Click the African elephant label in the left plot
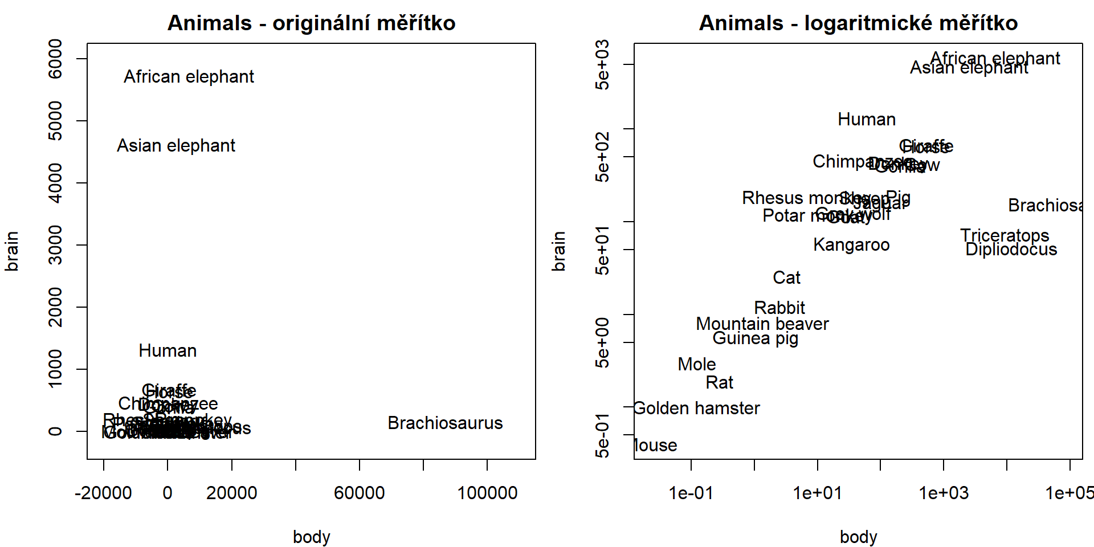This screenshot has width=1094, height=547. [x=189, y=76]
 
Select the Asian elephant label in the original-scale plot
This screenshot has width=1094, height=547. [x=175, y=146]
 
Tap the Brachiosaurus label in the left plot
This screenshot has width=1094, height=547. [x=445, y=423]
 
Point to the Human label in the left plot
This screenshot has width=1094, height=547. [x=168, y=350]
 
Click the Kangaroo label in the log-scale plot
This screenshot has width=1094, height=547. [x=851, y=245]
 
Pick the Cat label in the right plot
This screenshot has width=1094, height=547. [x=786, y=277]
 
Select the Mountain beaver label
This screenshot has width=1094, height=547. [x=762, y=324]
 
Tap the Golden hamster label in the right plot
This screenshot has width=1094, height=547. [x=696, y=408]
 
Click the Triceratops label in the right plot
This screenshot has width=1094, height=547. [x=1004, y=235]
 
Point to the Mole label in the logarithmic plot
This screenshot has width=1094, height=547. [x=696, y=364]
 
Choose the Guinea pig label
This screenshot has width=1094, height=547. [x=755, y=338]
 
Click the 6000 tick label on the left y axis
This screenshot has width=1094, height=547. [x=55, y=59]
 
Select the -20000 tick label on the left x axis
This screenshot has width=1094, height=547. [x=103, y=493]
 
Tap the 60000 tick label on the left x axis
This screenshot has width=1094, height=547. [x=359, y=493]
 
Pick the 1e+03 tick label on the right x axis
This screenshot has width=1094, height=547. [x=943, y=493]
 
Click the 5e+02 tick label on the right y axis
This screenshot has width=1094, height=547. [x=602, y=157]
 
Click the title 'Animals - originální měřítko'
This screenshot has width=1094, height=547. [x=311, y=23]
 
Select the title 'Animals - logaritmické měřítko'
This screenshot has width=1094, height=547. [x=858, y=23]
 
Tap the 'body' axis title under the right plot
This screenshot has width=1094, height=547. [x=858, y=537]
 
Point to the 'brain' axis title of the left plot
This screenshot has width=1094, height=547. [x=12, y=251]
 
